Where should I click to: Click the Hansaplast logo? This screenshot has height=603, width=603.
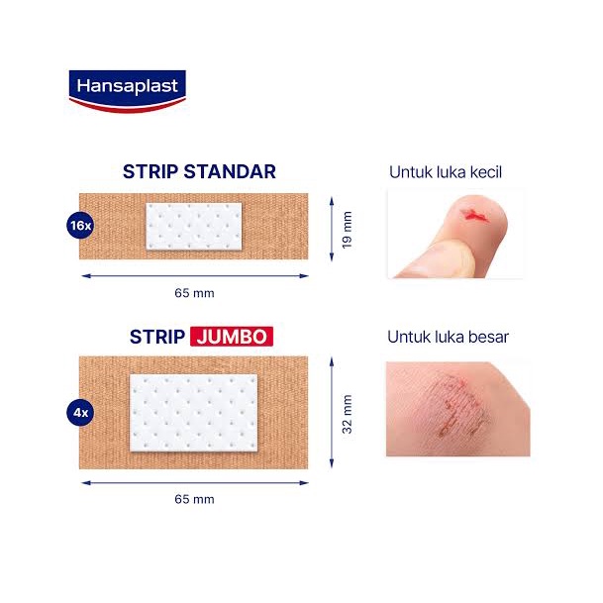click(128, 91)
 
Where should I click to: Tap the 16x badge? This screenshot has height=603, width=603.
click(80, 226)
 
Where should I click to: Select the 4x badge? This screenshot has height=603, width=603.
click(80, 413)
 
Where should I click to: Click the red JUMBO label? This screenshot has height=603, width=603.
click(232, 337)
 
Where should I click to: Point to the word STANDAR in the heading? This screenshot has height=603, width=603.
click(230, 172)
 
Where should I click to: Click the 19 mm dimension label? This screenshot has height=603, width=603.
click(347, 230)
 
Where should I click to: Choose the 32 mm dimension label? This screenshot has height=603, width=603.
click(347, 414)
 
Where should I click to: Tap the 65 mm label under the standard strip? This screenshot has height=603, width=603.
click(194, 293)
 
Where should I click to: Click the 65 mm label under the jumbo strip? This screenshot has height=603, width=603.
click(194, 499)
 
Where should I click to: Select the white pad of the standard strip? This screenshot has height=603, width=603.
click(194, 227)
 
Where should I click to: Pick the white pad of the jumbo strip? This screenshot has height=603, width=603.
click(193, 413)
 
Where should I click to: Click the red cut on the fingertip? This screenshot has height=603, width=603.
click(474, 215)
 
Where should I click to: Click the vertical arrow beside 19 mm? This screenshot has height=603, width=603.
click(332, 229)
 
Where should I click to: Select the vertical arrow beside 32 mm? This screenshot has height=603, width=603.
click(332, 413)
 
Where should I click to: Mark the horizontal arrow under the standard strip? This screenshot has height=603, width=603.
click(195, 275)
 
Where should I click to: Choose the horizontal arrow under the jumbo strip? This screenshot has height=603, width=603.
click(195, 482)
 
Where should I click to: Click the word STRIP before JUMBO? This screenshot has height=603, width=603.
click(157, 337)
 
